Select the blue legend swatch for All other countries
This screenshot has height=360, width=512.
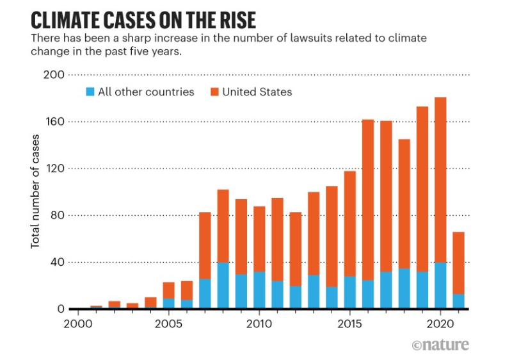point(90,92)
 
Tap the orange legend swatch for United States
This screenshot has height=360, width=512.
point(214,92)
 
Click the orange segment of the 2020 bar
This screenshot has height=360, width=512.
point(440,179)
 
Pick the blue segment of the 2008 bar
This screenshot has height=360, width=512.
point(223,286)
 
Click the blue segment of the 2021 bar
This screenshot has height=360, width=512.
point(458,302)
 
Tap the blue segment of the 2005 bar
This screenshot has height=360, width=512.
point(169,304)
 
